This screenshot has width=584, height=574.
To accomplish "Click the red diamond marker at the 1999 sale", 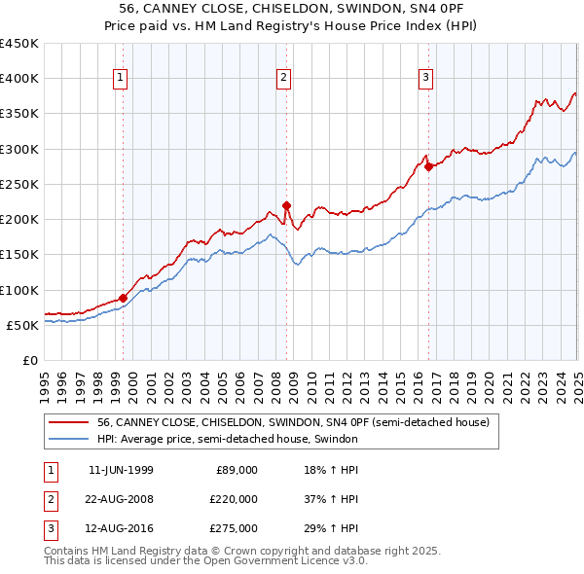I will tap(124, 298).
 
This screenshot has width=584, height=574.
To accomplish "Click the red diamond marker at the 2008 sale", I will tap(287, 205).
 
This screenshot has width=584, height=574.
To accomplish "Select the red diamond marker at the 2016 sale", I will tap(429, 166).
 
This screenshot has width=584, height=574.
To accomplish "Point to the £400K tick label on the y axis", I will tap(18, 79).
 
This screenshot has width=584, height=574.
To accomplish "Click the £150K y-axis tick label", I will tap(18, 255).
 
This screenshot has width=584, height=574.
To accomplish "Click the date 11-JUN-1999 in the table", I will tap(121, 470).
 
